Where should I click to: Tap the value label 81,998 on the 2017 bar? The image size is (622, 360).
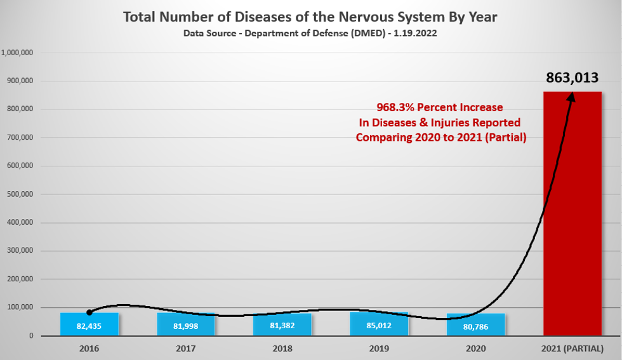(x=186, y=326)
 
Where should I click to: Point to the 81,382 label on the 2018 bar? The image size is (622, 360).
(x=282, y=326)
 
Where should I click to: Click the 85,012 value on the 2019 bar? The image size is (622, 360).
(x=378, y=326)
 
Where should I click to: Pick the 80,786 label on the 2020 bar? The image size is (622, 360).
(x=476, y=326)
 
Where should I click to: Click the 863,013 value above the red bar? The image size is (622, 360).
(x=572, y=78)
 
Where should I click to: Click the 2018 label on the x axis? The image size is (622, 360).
(x=282, y=349)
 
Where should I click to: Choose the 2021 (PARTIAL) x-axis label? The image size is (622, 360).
(x=572, y=349)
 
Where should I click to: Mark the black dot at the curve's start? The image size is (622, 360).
(x=89, y=312)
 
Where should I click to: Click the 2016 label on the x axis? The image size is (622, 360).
(x=89, y=349)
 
